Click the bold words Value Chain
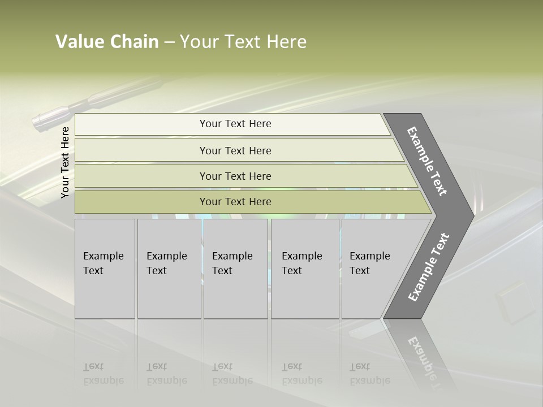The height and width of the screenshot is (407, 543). point(107,42)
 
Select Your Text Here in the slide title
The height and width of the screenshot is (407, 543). point(243,42)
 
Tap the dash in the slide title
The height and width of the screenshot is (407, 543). point(169,42)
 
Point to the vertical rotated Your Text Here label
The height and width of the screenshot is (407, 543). point(65,162)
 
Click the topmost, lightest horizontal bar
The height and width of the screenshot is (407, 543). point(235,124)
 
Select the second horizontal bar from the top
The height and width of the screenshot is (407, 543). point(235,150)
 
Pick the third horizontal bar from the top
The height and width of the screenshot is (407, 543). point(235,176)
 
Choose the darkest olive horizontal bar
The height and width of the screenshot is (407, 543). point(235,202)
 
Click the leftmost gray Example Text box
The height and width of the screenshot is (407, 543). point(105,268)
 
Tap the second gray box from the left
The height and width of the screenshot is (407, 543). point(169,268)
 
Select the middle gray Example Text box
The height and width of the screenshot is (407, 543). point(235,268)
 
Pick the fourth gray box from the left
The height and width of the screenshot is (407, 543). point(304,268)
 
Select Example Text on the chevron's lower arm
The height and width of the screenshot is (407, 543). point(429,267)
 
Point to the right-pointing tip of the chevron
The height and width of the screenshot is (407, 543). point(471,215)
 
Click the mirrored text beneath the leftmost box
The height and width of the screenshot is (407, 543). point(104,374)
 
